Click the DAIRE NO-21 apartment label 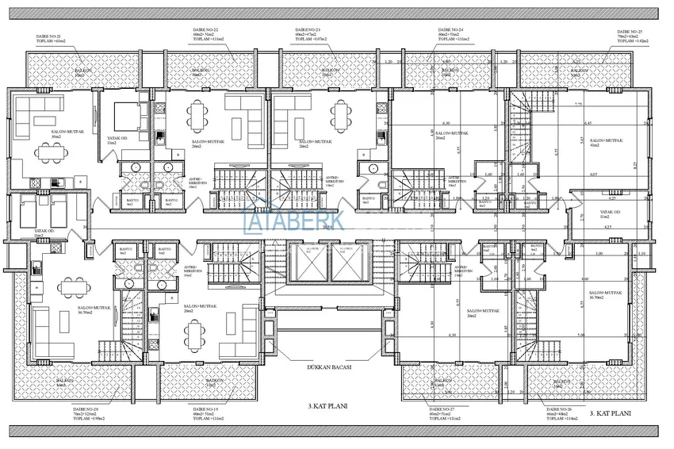[49, 36]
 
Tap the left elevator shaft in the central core [310, 264]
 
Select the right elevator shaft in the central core [347, 264]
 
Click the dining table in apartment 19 [195, 339]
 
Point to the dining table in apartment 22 [199, 117]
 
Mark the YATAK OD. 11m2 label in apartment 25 [609, 214]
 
